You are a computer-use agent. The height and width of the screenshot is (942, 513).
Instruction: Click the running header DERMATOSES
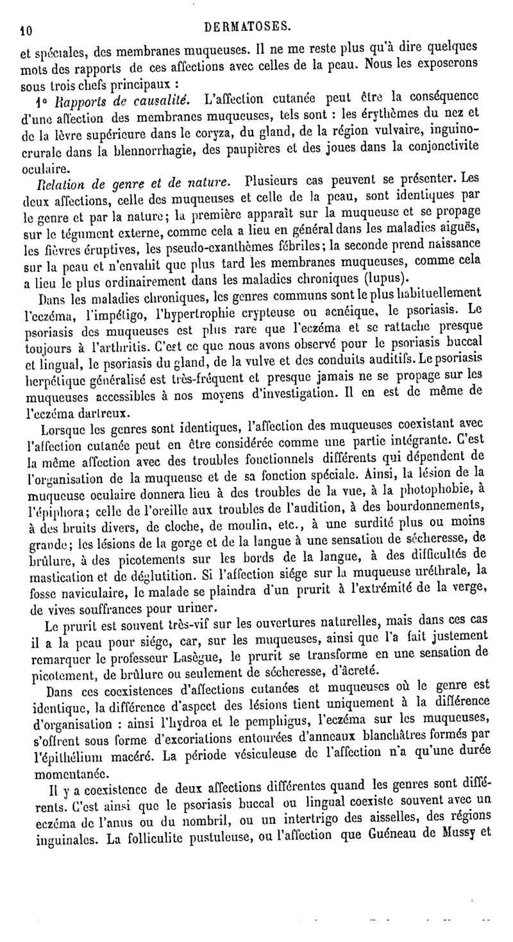point(255,26)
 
